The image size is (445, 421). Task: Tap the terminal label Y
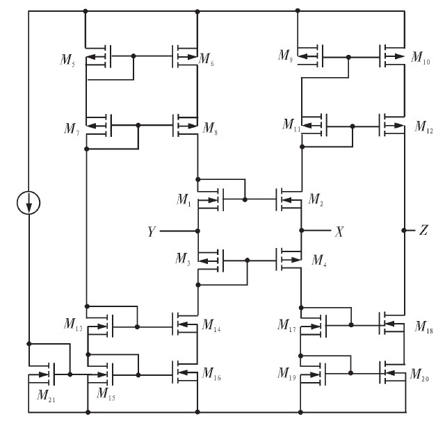pos(151,230)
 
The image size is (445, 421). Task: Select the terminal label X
pos(339,231)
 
